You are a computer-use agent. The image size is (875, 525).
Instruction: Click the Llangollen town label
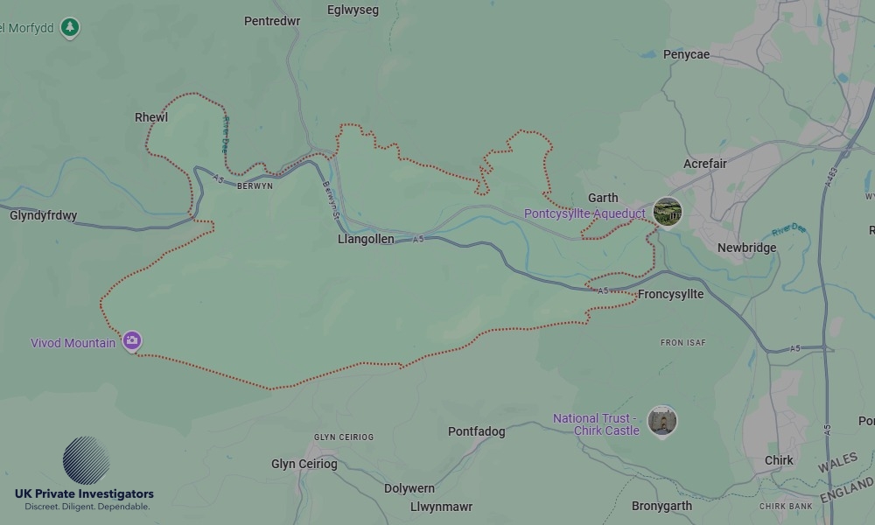[x=366, y=239]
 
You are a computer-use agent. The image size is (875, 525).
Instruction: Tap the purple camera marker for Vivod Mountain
[x=132, y=340]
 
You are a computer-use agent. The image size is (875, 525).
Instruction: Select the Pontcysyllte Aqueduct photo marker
[x=668, y=212]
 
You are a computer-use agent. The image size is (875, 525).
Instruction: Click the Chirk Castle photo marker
[x=662, y=421]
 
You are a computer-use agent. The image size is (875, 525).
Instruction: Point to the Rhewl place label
[x=151, y=117]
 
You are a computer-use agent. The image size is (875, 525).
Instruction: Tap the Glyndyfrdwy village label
[x=44, y=215]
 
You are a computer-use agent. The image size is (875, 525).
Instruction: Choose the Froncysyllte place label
[x=670, y=294]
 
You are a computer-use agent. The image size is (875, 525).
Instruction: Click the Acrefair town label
[x=705, y=164]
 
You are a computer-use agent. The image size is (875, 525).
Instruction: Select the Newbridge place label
[x=746, y=248]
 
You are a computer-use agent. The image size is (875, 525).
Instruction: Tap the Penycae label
[x=686, y=54]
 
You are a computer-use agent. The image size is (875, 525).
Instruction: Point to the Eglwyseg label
[x=353, y=10]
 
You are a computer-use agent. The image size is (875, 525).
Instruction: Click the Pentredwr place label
[x=272, y=21]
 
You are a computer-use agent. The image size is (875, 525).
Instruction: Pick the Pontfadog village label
[x=476, y=431]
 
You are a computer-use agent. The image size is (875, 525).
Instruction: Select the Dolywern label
[x=409, y=488]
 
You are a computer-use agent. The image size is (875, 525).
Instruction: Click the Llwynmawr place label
[x=441, y=507]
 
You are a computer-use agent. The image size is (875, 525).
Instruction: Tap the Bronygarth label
[x=661, y=506]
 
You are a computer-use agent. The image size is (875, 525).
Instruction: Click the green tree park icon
[x=70, y=28]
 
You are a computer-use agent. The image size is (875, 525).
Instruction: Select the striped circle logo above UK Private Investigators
[x=86, y=460]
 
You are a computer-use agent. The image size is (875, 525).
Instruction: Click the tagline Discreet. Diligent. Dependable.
[x=87, y=507]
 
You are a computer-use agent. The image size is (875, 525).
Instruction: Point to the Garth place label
[x=603, y=198]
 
